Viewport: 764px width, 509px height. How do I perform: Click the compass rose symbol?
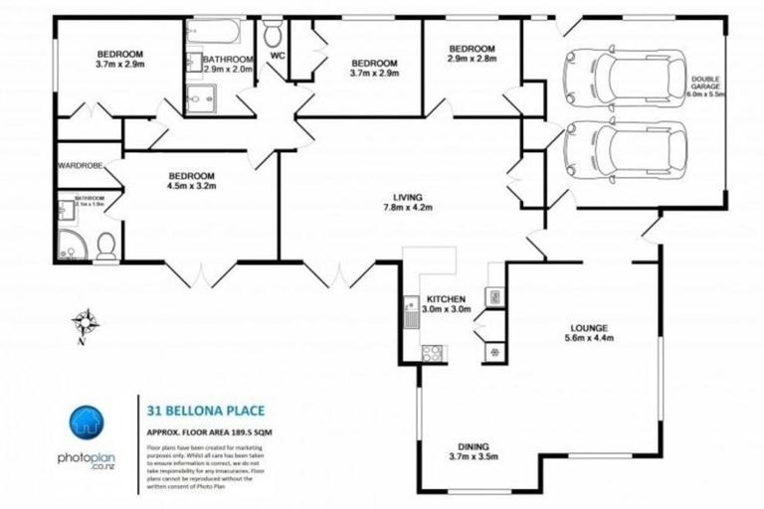88,321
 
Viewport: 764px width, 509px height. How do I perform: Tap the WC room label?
277,56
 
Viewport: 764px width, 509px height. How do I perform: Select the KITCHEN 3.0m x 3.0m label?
446,304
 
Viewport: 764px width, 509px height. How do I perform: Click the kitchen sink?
410,315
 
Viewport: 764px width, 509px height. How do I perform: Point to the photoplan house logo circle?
88,424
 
